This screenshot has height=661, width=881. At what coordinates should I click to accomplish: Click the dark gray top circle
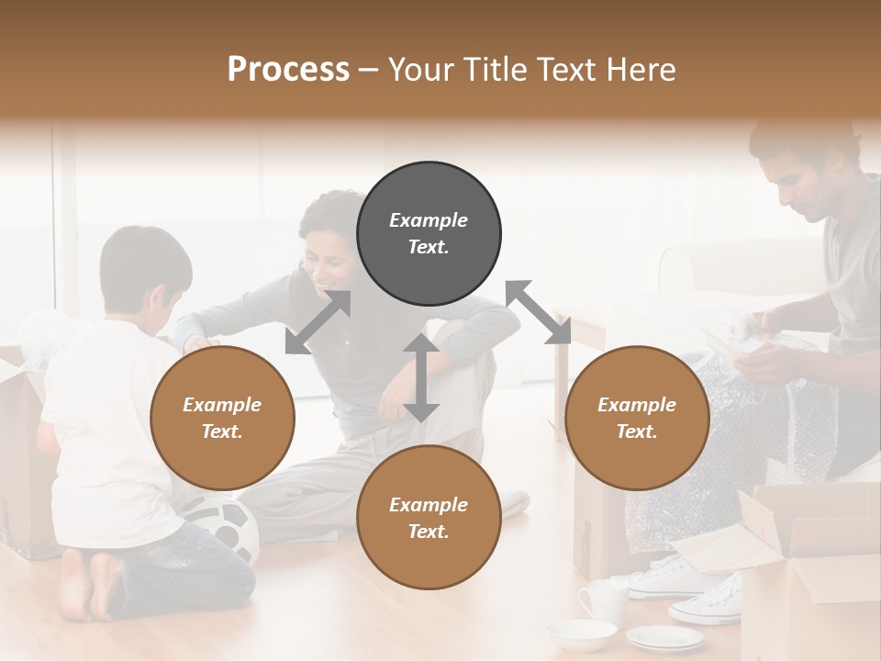coord(429,234)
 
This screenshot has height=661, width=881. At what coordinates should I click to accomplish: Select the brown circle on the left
coord(222,419)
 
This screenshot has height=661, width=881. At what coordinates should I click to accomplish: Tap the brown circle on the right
coord(637,419)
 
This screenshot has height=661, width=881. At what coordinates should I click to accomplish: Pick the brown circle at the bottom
coord(429,518)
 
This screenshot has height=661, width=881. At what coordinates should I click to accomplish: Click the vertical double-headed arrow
coord(420,377)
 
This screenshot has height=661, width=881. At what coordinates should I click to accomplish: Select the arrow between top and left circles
coord(318,322)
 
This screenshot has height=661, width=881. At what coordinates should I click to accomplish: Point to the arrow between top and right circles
coord(538,312)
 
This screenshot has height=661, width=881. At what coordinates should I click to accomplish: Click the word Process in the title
coord(288,69)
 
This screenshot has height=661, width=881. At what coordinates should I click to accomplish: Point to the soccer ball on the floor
coord(225,531)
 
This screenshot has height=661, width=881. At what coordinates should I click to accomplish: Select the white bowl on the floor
coord(582,633)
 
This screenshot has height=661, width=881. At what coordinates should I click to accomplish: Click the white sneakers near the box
coord(697,588)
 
